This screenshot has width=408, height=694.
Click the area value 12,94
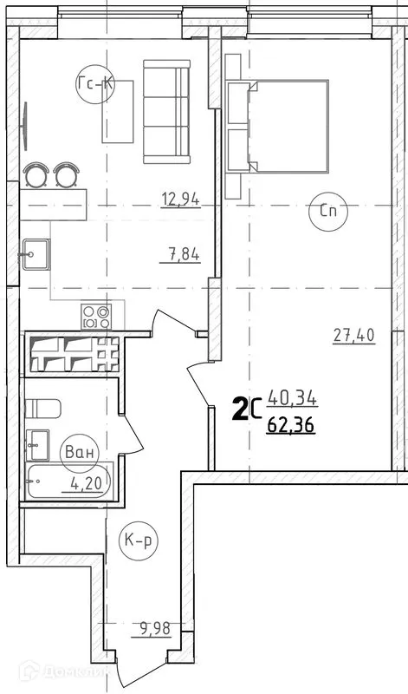click(180, 200)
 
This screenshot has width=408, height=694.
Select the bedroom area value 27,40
click(353, 336)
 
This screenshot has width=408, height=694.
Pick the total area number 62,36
click(292, 425)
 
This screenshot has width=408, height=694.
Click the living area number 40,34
click(293, 400)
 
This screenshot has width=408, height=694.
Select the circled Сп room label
click(327, 211)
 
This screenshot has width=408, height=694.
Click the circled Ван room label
click(80, 452)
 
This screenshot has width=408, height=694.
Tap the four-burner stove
click(96, 317)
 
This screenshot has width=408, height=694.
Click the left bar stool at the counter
click(36, 175)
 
